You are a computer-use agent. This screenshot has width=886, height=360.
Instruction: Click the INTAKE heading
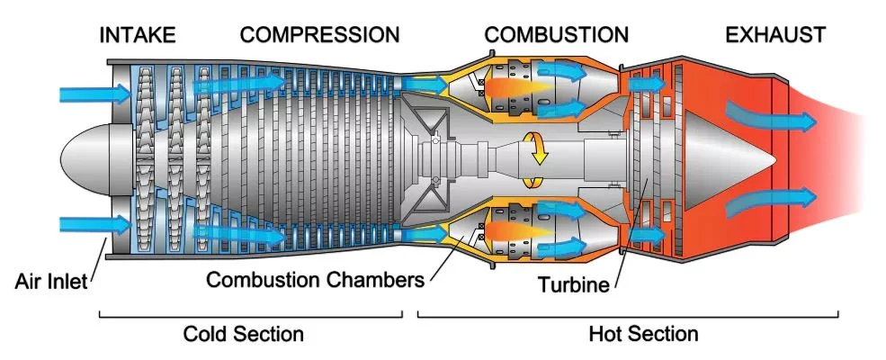(x=138, y=35)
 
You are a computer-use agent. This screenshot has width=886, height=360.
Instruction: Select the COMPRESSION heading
(x=319, y=35)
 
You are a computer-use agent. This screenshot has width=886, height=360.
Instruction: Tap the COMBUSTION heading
(x=556, y=35)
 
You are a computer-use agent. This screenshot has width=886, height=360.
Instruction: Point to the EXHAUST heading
(x=775, y=35)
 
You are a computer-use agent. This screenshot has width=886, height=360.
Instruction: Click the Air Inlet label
(x=51, y=281)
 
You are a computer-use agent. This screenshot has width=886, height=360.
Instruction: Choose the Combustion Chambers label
(x=315, y=279)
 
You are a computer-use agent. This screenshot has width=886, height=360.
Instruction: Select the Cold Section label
(x=243, y=334)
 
